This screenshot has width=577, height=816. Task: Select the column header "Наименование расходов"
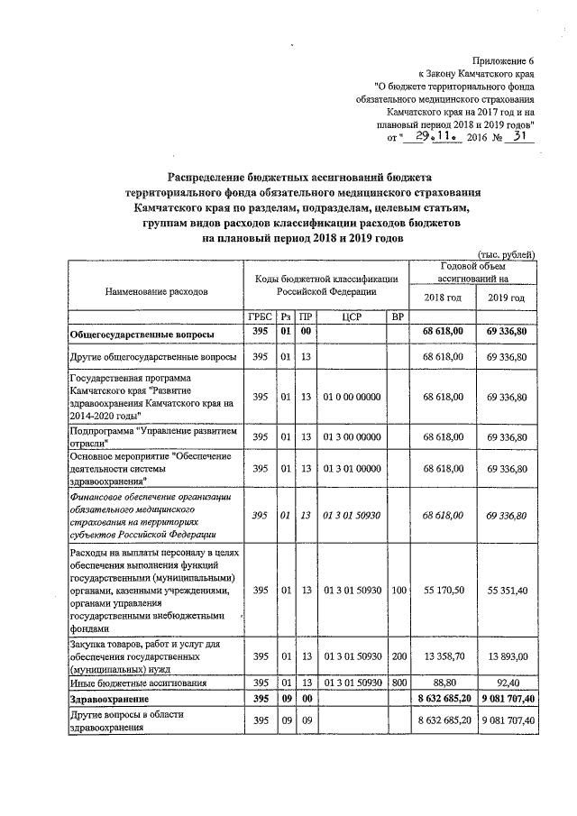(x=156, y=292)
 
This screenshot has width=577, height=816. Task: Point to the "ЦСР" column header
(x=353, y=316)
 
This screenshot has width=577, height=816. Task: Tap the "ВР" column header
(x=397, y=316)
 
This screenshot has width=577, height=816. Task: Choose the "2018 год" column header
(x=441, y=298)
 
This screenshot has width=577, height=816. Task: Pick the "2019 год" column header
(x=506, y=298)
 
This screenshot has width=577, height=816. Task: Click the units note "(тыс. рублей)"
(x=506, y=254)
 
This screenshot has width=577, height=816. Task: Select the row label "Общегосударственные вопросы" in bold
(x=142, y=334)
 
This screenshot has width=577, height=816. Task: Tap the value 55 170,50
(x=442, y=590)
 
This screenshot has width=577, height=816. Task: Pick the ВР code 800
(x=397, y=683)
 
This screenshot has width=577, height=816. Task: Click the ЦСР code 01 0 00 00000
(x=353, y=397)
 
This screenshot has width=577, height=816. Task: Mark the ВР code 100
(x=397, y=590)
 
